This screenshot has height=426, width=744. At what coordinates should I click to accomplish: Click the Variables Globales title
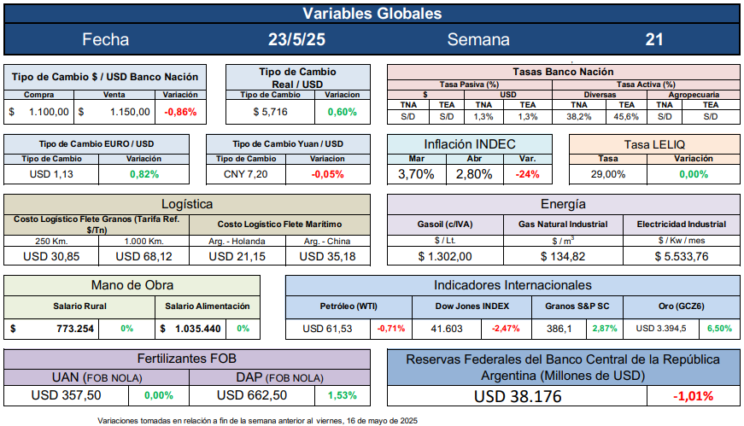pyautogui.click(x=372, y=14)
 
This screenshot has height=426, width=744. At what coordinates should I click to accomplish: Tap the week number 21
pyautogui.click(x=654, y=39)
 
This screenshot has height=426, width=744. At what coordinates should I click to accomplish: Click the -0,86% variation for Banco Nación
pyautogui.click(x=180, y=112)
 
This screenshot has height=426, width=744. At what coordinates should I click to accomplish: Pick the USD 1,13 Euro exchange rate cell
pyautogui.click(x=51, y=174)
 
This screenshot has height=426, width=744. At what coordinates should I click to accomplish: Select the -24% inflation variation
pyautogui.click(x=528, y=174)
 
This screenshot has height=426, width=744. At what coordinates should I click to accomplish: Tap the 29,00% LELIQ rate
pyautogui.click(x=607, y=174)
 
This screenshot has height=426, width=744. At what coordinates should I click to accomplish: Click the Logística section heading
pyautogui.click(x=187, y=204)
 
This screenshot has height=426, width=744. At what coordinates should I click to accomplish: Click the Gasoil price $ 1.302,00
pyautogui.click(x=445, y=256)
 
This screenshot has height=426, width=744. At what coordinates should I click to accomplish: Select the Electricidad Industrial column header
pyautogui.click(x=682, y=225)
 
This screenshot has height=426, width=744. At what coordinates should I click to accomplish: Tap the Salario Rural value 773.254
pyautogui.click(x=67, y=329)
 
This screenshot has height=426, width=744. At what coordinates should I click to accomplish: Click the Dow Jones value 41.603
pyautogui.click(x=446, y=329)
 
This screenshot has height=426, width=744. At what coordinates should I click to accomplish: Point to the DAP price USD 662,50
pyautogui.click(x=253, y=395)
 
